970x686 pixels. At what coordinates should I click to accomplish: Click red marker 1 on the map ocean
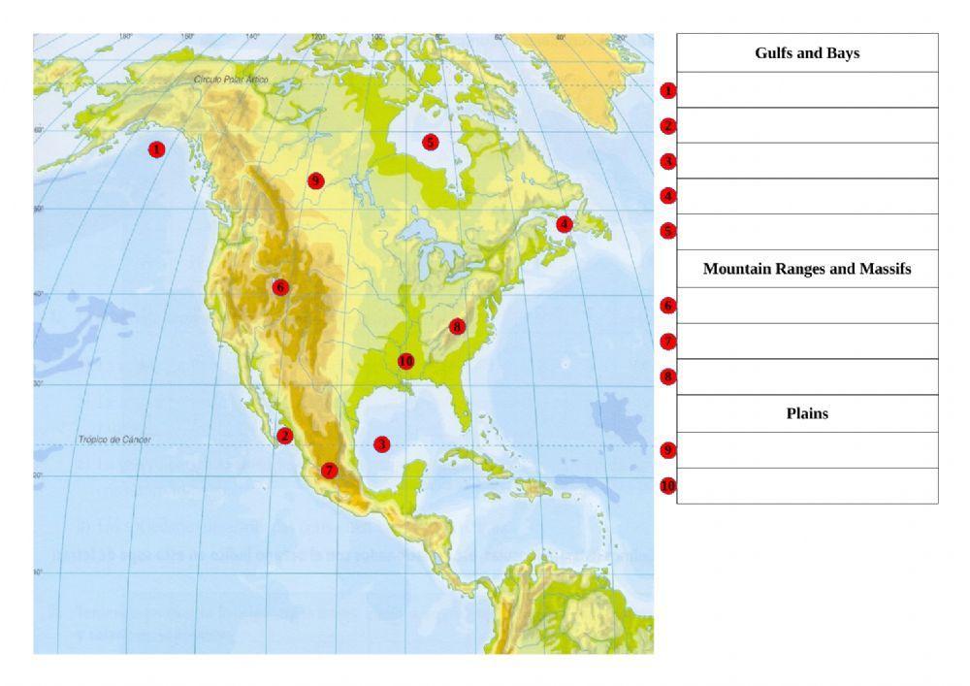(x=156, y=149)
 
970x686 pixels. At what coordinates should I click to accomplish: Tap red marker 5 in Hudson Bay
(x=430, y=142)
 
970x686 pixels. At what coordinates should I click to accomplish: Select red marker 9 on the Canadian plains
(x=314, y=180)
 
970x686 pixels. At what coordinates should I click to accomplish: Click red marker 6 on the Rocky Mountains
(x=280, y=287)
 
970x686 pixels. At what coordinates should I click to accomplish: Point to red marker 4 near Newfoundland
(x=565, y=224)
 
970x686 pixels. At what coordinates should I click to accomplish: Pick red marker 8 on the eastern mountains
(x=457, y=327)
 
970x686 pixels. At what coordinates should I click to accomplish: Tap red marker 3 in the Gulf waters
(x=381, y=443)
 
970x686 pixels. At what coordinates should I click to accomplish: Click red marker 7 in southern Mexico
(x=329, y=471)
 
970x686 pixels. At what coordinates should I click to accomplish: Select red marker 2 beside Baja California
(x=284, y=436)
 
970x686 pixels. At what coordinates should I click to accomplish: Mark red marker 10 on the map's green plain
(x=405, y=361)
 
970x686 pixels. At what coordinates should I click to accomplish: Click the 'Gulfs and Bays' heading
(x=807, y=53)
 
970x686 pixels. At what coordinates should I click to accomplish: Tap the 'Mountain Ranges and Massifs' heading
(x=807, y=269)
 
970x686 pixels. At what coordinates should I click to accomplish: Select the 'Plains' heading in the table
(x=807, y=413)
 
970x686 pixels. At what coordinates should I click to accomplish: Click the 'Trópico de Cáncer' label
(x=114, y=440)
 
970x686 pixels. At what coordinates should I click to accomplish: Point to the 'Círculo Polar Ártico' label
(x=231, y=80)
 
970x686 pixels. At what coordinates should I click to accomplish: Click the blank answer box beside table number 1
(x=807, y=90)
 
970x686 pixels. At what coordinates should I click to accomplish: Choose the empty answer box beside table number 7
(x=807, y=341)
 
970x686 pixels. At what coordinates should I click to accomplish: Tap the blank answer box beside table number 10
(x=807, y=485)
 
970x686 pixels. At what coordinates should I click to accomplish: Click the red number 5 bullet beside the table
(x=667, y=231)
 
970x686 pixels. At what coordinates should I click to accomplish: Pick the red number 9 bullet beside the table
(x=667, y=450)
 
